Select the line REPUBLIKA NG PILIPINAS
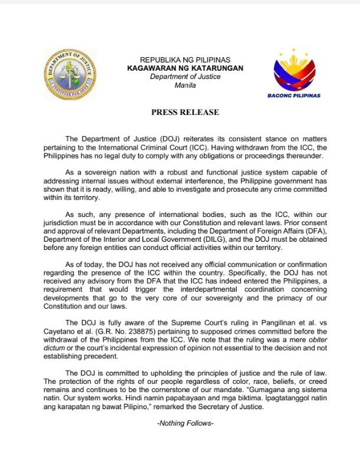coord(184,60)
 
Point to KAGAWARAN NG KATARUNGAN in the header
coord(184,68)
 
